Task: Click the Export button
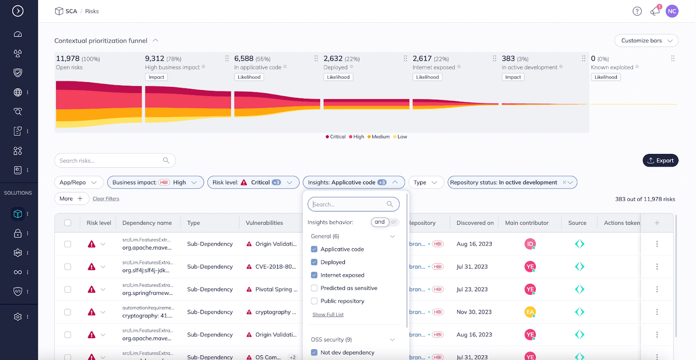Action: point(660,160)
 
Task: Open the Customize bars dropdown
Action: point(646,40)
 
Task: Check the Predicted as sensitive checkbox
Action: point(314,288)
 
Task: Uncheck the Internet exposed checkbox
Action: point(314,275)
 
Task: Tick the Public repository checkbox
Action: point(314,301)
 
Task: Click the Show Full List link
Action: point(328,314)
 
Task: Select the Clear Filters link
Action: point(106,199)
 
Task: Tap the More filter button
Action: point(71,199)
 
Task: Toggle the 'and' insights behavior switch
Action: point(385,222)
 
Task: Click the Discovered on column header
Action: point(475,223)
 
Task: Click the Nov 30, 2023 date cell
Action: point(474,312)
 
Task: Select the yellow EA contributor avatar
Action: point(530,312)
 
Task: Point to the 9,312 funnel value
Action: point(154,58)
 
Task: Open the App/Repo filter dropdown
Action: point(79,183)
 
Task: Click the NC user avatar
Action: point(672,11)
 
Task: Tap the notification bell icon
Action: point(655,11)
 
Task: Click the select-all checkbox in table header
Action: point(68,223)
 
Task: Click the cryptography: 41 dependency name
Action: point(147,316)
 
